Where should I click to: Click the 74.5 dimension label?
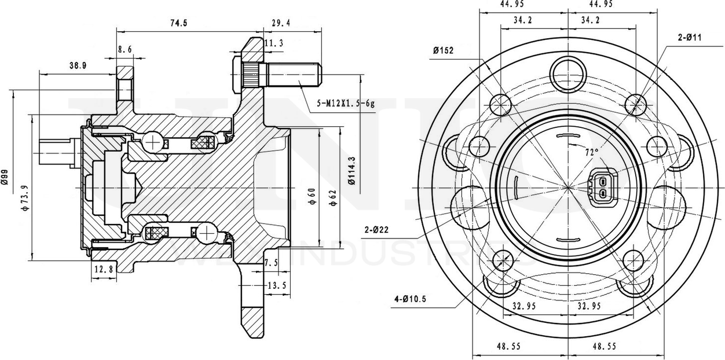[177, 23]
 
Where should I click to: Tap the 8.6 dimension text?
[125, 50]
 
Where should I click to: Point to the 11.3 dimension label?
[273, 43]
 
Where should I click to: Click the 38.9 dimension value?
[78, 66]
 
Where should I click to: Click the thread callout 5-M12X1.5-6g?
[346, 104]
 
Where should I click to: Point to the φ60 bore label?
[311, 197]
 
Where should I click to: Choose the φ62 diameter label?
[332, 197]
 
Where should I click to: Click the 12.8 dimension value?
[102, 269]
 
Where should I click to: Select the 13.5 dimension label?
[277, 285]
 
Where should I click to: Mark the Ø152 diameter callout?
[442, 50]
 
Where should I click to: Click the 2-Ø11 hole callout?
[689, 38]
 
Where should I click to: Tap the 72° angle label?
[591, 153]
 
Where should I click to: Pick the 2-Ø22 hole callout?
[376, 229]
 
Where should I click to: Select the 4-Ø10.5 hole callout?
[410, 299]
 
